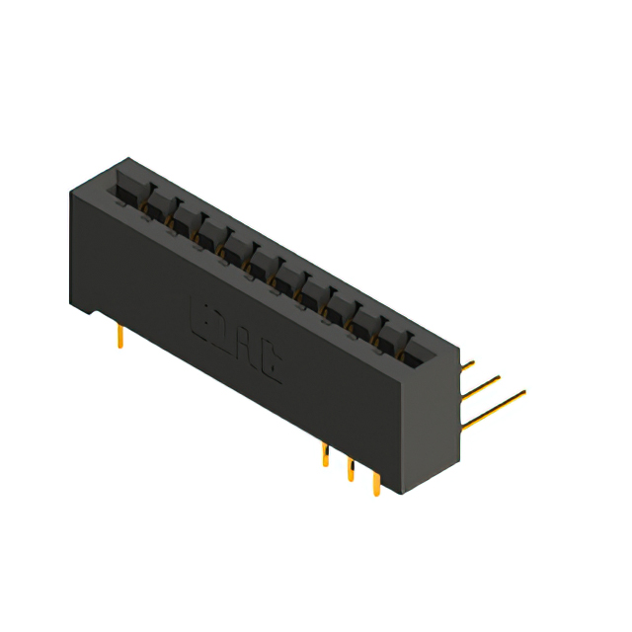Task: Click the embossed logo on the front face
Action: coord(236,337)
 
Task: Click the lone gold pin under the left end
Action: coord(119,337)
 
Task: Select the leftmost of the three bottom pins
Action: coord(325,455)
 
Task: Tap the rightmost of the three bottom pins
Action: coord(375,484)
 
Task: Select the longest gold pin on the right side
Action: coord(494,409)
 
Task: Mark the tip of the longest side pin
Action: coord(523,393)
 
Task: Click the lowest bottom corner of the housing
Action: coord(399,495)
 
